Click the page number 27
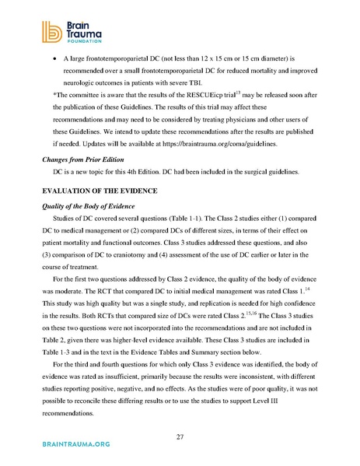[x=180, y=437]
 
